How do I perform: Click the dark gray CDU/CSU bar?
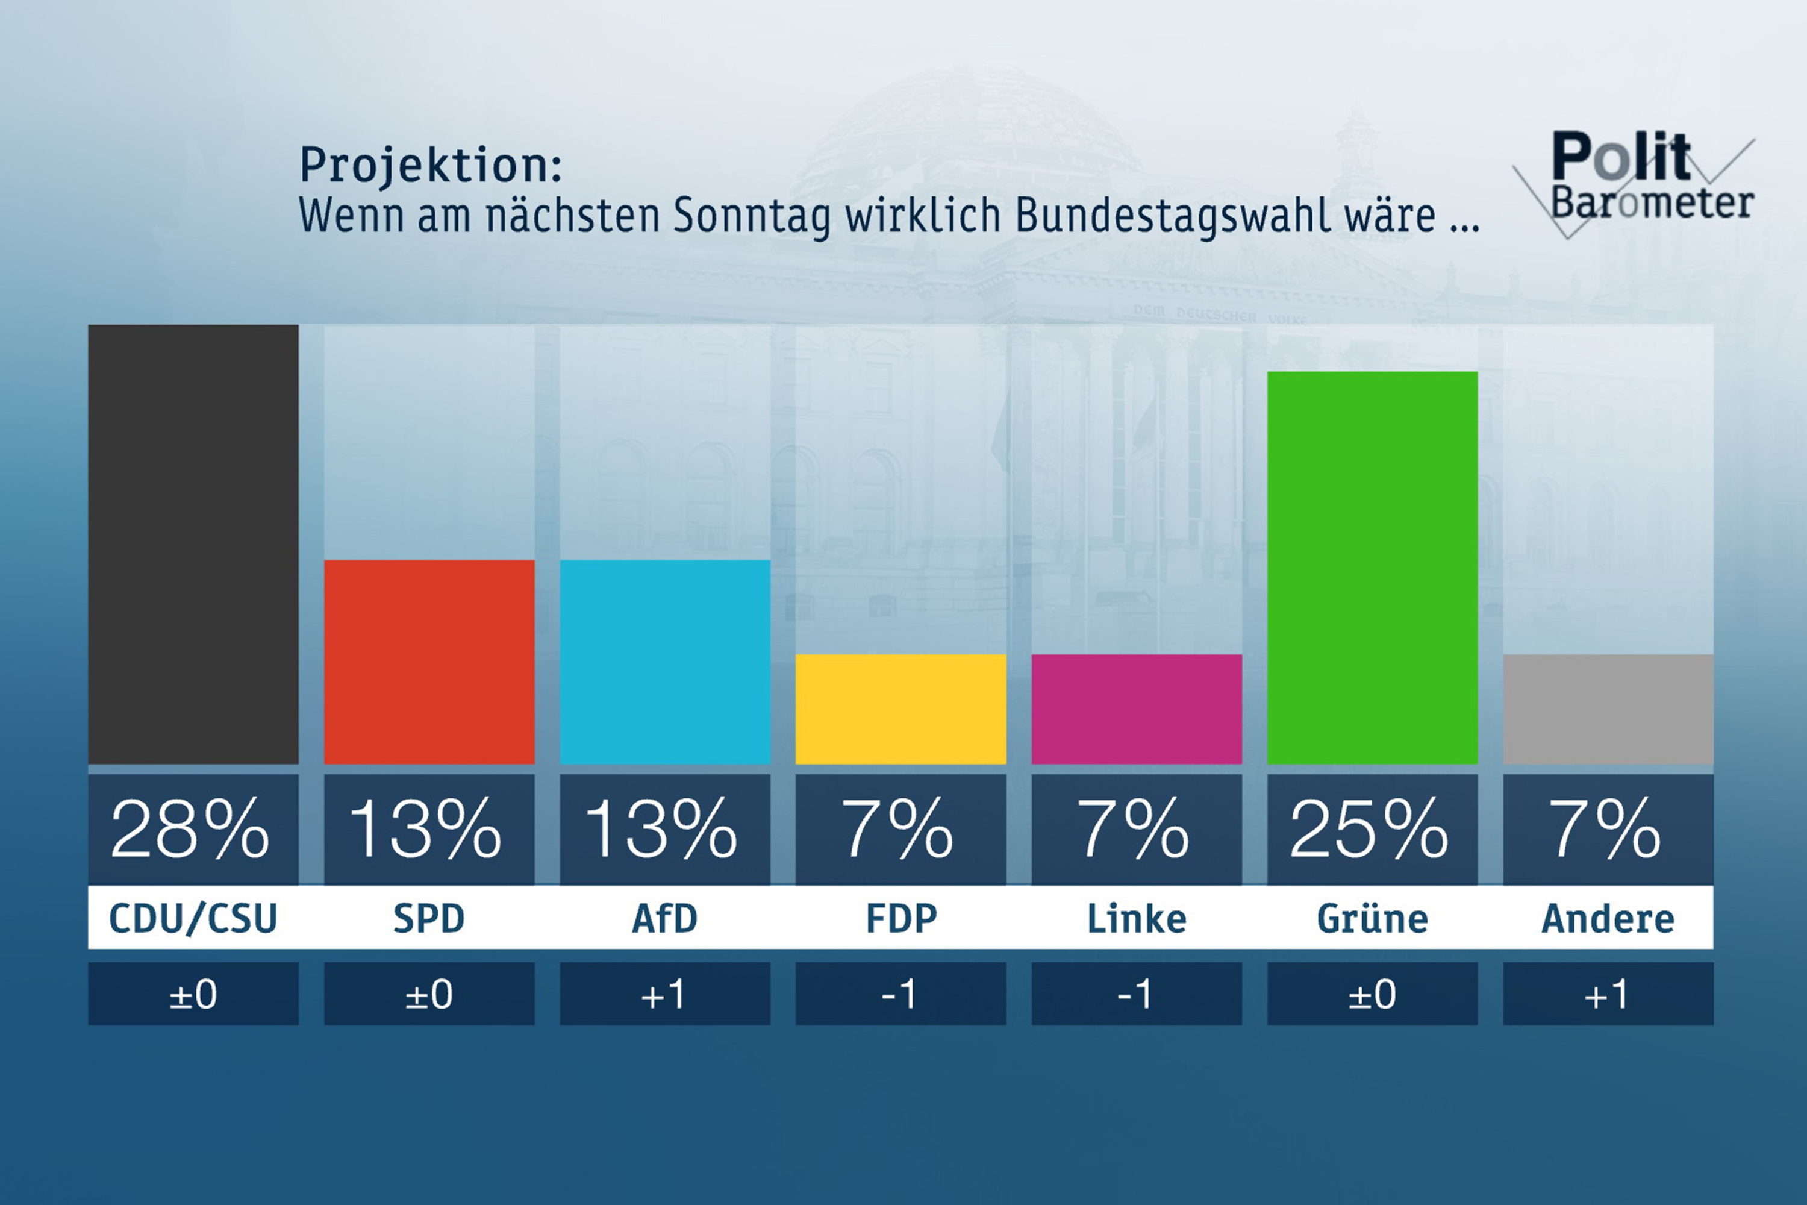[x=193, y=544]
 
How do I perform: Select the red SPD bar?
[x=429, y=662]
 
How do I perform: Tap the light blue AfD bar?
[x=664, y=662]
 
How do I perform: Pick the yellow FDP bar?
[x=900, y=709]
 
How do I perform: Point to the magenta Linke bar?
[x=1136, y=709]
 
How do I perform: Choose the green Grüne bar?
[x=1372, y=567]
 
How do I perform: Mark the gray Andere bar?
[x=1608, y=709]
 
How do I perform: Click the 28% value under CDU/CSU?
[x=190, y=828]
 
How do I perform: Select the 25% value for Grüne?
[x=1370, y=828]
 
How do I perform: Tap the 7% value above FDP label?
[x=898, y=828]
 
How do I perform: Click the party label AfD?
[x=664, y=918]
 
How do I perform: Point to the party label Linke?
[x=1136, y=918]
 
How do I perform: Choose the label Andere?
[x=1608, y=918]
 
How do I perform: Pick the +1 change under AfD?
[x=664, y=995]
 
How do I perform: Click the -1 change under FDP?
[x=900, y=995]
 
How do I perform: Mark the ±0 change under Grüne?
[x=1372, y=995]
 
